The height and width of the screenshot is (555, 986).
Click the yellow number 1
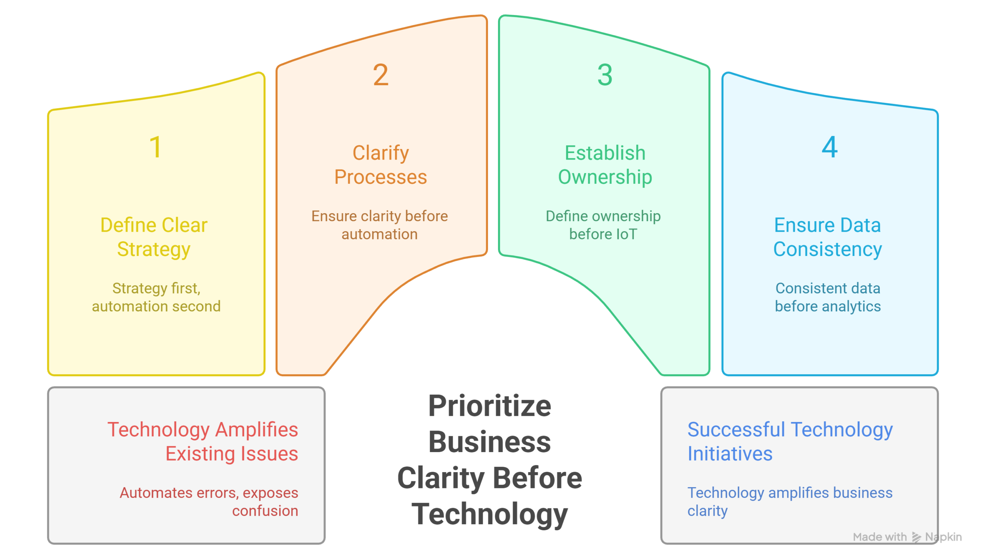click(156, 147)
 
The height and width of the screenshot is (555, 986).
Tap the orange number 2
click(381, 75)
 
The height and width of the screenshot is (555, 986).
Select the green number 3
click(605, 75)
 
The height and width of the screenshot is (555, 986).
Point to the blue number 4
click(829, 147)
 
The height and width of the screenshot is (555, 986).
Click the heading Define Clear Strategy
click(154, 237)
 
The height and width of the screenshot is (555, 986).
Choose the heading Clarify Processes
click(381, 165)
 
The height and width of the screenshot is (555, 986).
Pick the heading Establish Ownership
click(605, 165)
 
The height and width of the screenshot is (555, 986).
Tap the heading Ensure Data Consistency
click(827, 237)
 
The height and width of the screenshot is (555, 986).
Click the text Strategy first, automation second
click(156, 297)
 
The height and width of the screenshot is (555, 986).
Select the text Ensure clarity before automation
click(379, 225)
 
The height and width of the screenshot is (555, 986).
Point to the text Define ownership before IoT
click(603, 225)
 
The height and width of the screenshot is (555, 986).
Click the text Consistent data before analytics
click(828, 297)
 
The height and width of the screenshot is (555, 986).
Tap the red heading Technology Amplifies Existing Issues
click(203, 441)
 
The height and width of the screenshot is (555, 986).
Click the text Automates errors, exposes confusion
click(209, 501)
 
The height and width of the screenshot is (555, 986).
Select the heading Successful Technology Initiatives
click(790, 441)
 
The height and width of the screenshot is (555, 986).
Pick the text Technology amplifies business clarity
click(790, 501)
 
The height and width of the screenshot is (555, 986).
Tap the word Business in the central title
click(490, 442)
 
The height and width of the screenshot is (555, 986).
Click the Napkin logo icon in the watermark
click(916, 537)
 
